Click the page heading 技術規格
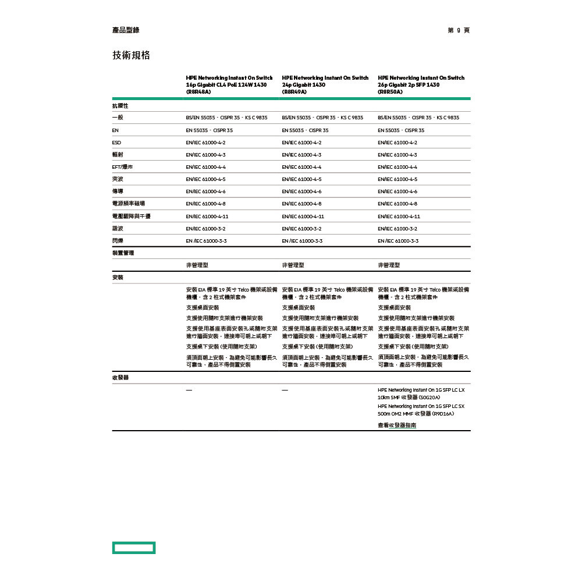pyautogui.click(x=131, y=55)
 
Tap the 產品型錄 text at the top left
pyautogui.click(x=126, y=30)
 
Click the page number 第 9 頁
pyautogui.click(x=459, y=30)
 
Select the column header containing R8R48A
pyautogui.click(x=229, y=85)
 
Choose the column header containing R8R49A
pyautogui.click(x=325, y=85)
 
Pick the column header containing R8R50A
pyautogui.click(x=421, y=85)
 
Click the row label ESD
pyautogui.click(x=116, y=143)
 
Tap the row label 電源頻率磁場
pyautogui.click(x=129, y=204)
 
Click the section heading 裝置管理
pyautogui.click(x=123, y=253)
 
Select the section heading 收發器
pyautogui.click(x=120, y=378)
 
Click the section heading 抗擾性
pyautogui.click(x=120, y=106)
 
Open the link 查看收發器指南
pyautogui.click(x=397, y=425)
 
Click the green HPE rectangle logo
pyautogui.click(x=134, y=548)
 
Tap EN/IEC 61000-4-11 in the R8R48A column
pyautogui.click(x=207, y=217)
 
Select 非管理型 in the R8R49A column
pyautogui.click(x=293, y=265)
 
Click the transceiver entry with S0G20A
pyautogui.click(x=421, y=393)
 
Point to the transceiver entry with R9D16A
pyautogui.click(x=421, y=410)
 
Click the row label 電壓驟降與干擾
pyautogui.click(x=131, y=217)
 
